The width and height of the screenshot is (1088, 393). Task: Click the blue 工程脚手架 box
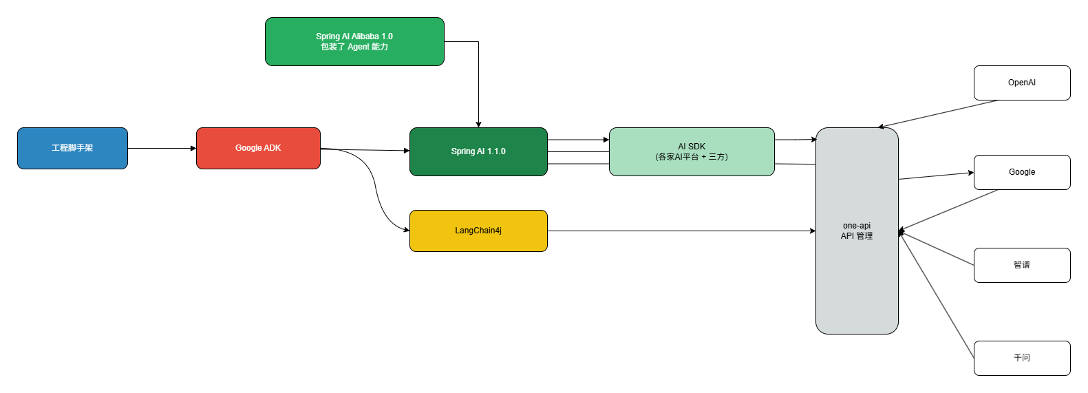[x=72, y=148]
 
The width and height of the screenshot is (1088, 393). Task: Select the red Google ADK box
[x=258, y=148]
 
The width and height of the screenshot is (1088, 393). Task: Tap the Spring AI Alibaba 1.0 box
[x=354, y=41]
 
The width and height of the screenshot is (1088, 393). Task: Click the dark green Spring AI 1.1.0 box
[x=478, y=151]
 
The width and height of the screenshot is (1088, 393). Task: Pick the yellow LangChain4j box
[x=478, y=231]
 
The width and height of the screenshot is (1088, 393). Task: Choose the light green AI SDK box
[x=692, y=151]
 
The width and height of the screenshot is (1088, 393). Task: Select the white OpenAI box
[x=1022, y=83]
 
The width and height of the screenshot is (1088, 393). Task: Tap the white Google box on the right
[x=1022, y=172]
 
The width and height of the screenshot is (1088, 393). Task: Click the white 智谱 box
[x=1022, y=265]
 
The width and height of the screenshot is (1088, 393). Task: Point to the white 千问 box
[x=1022, y=358]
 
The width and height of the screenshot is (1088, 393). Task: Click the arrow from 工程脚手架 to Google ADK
[x=162, y=148]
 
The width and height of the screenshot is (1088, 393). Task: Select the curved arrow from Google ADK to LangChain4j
[x=375, y=186]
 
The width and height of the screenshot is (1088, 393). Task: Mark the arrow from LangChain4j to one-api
[x=681, y=231]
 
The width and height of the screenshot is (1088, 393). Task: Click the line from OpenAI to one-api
[x=939, y=114]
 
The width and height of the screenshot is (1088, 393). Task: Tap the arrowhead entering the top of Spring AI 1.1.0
[x=478, y=124]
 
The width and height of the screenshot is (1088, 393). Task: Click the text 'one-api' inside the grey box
[x=857, y=226]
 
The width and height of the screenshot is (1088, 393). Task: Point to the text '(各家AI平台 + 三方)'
[x=692, y=157]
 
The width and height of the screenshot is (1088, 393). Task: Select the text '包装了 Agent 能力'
[x=354, y=47]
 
